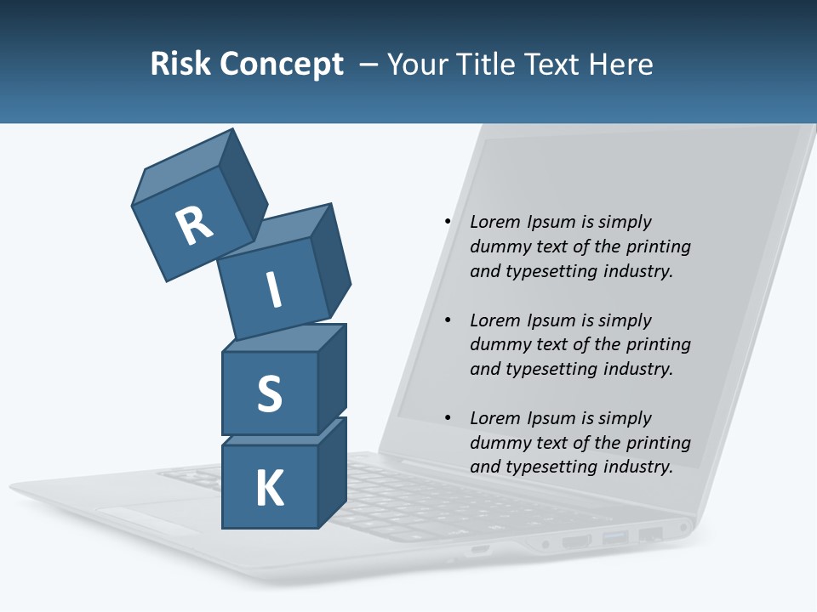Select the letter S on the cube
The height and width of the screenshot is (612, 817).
[x=269, y=393]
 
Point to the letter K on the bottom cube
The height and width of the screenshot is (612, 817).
[x=270, y=488]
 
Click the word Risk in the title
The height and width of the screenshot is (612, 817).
[x=180, y=64]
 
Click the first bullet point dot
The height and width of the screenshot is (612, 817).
[x=447, y=222]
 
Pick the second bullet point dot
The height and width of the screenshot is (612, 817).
[x=447, y=320]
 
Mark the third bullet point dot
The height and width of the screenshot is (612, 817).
[x=447, y=418]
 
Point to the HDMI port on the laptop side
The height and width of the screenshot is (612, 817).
[x=576, y=541]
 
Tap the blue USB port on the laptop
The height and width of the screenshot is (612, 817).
[x=614, y=537]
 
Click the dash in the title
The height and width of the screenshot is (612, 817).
[x=370, y=64]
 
